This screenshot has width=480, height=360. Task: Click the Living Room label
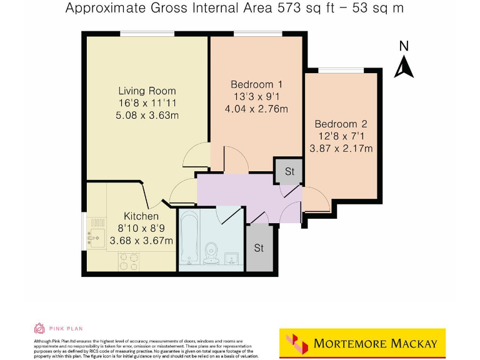pyautogui.click(x=147, y=91)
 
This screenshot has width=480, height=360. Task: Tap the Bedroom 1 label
pyautogui.click(x=257, y=84)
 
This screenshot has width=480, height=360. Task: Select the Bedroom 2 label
pyautogui.click(x=341, y=124)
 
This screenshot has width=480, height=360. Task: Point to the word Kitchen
pyautogui.click(x=141, y=216)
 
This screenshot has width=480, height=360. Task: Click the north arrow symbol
pyautogui.click(x=404, y=67)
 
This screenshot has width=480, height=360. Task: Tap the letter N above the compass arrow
pyautogui.click(x=404, y=46)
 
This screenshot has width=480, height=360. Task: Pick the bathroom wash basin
pyautogui.click(x=231, y=258)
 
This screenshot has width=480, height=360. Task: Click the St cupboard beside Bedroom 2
pyautogui.click(x=290, y=171)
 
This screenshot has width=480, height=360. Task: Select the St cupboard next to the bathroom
pyautogui.click(x=259, y=248)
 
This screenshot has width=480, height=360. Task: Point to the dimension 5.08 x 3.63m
pyautogui.click(x=147, y=115)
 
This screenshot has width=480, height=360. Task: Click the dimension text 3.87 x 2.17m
pyautogui.click(x=341, y=148)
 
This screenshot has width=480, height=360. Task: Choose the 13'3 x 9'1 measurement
pyautogui.click(x=257, y=97)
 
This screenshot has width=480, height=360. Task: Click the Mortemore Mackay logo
pyautogui.click(x=362, y=343)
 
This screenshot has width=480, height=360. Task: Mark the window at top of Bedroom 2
pyautogui.click(x=341, y=70)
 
